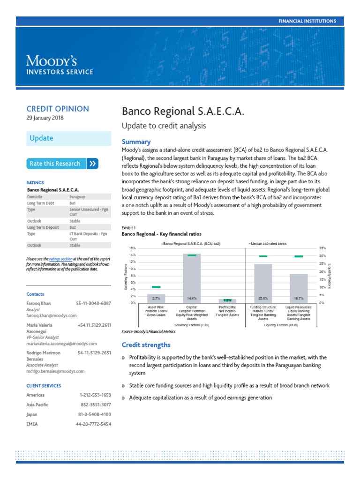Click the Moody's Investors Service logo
pos(59,65)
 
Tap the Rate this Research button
pos(63,164)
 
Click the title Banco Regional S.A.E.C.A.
pos(183,112)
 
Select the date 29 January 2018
pos(45,118)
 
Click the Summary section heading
pos(136,142)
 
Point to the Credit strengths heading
pos(146,345)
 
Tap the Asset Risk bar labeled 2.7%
pos(156,298)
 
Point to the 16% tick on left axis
pos(132,247)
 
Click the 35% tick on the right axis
pos(322,247)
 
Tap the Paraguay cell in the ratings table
pos(77,197)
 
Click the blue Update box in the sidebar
pos(68,138)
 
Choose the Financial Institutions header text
pos(307,21)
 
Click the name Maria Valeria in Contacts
pos(39,325)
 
